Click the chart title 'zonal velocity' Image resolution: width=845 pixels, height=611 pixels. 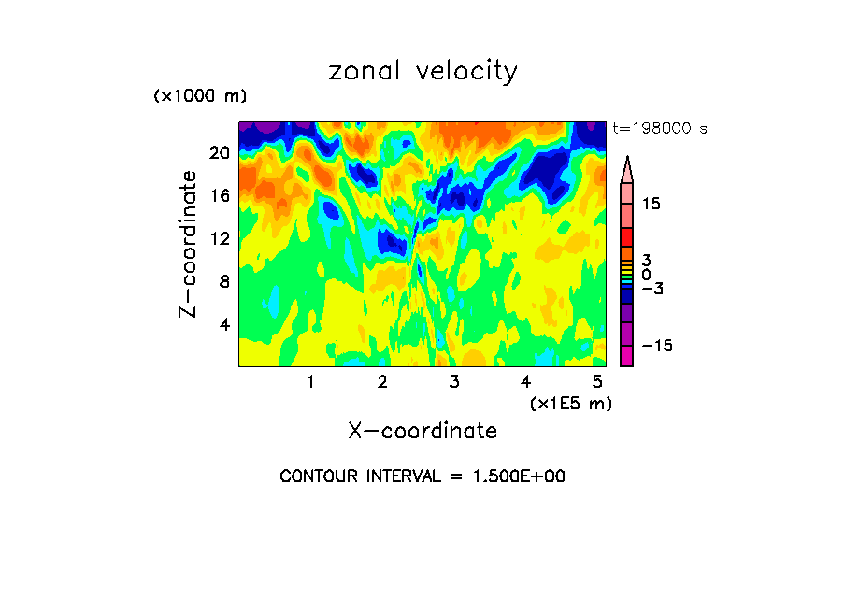[x=422, y=72]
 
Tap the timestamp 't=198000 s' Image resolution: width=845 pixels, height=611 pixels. [x=659, y=129]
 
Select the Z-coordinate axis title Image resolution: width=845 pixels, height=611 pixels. [x=189, y=243]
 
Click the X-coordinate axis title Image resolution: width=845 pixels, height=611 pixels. [x=422, y=431]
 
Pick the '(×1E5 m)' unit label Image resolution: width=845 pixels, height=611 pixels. [x=570, y=403]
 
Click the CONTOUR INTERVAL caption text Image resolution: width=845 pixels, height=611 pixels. [x=422, y=476]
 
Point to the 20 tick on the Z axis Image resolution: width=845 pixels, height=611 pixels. [x=220, y=152]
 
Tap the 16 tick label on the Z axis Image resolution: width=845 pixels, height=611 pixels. [x=220, y=195]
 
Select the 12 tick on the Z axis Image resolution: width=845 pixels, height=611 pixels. [x=220, y=238]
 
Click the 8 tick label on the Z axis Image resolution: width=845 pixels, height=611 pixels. [x=224, y=281]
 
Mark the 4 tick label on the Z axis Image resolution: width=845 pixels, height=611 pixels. [x=224, y=324]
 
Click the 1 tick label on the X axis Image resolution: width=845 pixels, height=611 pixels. [x=310, y=381]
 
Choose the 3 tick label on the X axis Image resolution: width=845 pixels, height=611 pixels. [x=454, y=381]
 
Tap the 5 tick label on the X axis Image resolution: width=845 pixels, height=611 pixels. [x=597, y=381]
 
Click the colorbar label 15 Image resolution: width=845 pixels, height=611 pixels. [x=652, y=204]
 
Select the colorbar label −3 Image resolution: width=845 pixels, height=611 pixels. [x=652, y=290]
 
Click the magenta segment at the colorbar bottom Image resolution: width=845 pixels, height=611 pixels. [x=626, y=356]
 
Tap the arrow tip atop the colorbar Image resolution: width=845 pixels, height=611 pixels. [x=626, y=159]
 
